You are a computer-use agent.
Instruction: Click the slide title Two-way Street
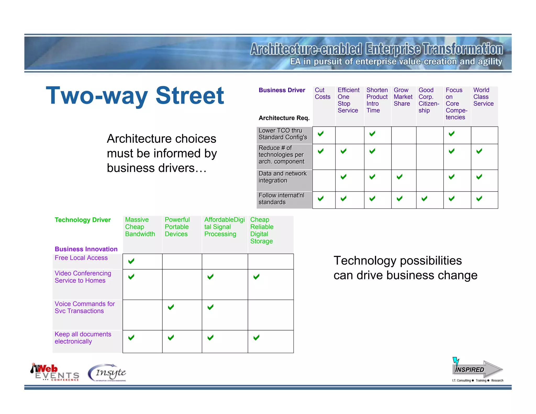(135, 96)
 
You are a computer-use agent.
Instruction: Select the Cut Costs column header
(322, 93)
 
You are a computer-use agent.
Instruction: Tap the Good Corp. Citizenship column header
(428, 100)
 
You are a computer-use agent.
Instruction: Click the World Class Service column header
(483, 97)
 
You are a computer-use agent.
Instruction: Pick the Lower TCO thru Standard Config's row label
(283, 134)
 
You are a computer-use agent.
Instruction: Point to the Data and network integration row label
(282, 177)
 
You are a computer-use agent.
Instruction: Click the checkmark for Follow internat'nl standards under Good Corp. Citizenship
(424, 199)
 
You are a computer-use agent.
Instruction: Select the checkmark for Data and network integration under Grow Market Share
(399, 177)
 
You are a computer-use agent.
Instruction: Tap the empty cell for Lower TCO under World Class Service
(484, 135)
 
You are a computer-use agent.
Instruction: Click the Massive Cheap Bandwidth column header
(140, 227)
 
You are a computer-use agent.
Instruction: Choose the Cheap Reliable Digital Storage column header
(262, 231)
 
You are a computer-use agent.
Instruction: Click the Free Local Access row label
(81, 258)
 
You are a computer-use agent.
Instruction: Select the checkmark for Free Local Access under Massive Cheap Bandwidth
(131, 261)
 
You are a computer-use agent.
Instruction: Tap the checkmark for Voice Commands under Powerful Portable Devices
(171, 307)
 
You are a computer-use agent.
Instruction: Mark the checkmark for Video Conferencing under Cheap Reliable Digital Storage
(256, 277)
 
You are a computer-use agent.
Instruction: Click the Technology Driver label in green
(83, 220)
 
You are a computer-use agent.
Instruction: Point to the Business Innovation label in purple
(86, 249)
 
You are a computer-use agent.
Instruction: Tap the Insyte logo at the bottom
(107, 373)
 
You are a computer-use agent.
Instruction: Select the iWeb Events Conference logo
(55, 372)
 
